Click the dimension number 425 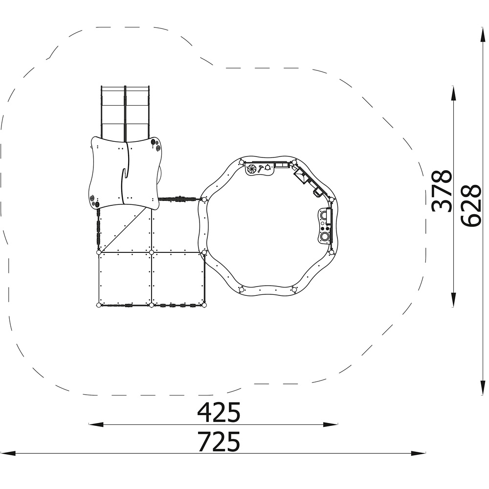219,412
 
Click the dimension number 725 219,441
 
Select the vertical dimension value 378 441,191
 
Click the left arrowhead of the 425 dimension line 96,424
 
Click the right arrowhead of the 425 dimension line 331,424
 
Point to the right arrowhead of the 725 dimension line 419,453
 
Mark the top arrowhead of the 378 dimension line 453,93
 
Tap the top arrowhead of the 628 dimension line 483,35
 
